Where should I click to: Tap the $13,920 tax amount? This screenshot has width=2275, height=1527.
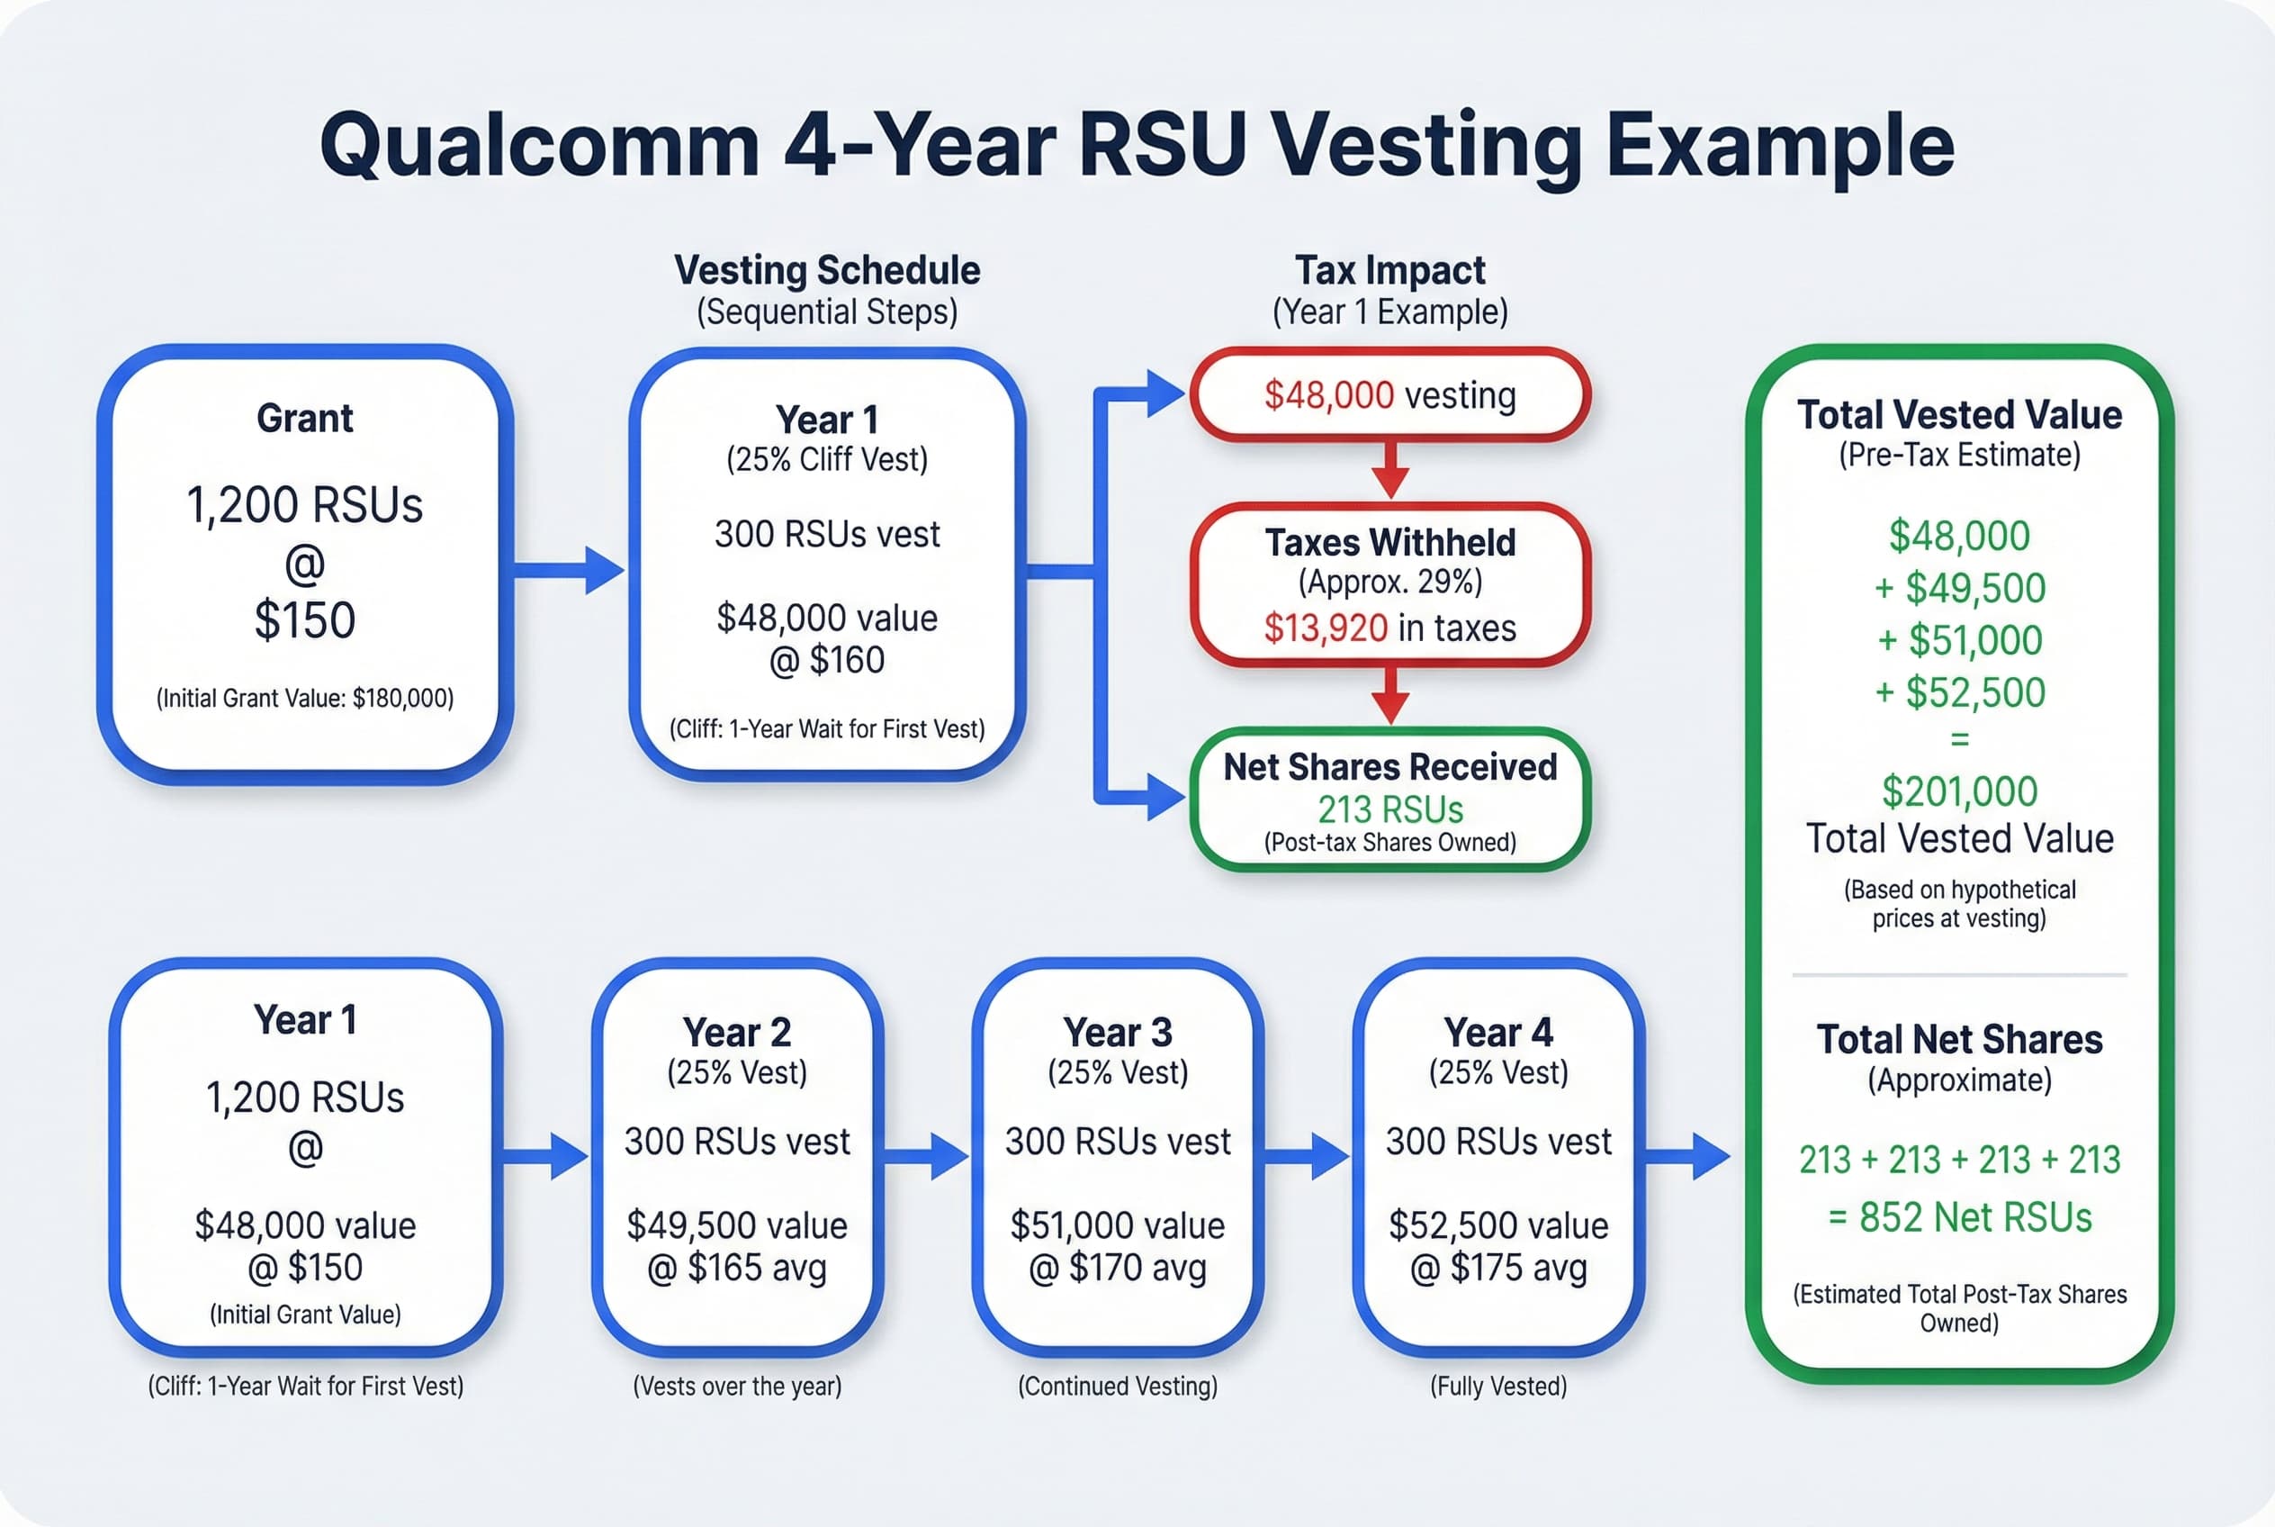(1325, 628)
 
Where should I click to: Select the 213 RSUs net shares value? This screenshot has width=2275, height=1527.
(1389, 809)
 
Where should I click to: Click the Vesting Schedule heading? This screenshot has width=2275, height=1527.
(826, 271)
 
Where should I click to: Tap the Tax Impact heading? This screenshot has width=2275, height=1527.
(1389, 271)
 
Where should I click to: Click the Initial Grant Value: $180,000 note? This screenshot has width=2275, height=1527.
(305, 699)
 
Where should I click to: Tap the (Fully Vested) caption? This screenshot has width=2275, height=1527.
(1498, 1386)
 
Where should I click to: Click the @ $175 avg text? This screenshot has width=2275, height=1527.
(1498, 1268)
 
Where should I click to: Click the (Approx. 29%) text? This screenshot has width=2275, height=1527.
(1389, 583)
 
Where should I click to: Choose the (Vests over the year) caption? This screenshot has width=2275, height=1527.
(737, 1386)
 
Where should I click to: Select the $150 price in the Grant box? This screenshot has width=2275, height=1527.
(305, 620)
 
